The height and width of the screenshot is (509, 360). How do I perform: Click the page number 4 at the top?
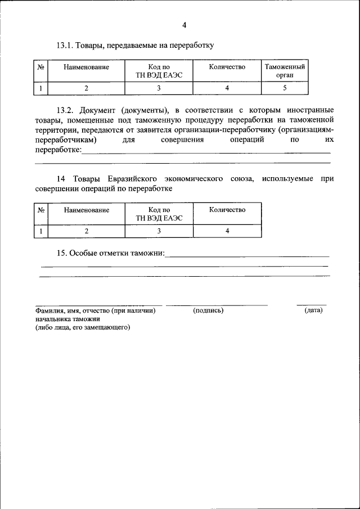(x=184, y=24)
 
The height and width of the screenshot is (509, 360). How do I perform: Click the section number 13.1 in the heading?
(x=64, y=44)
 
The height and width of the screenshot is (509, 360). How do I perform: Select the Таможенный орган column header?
(x=285, y=71)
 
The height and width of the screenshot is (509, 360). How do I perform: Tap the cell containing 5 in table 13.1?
(x=285, y=88)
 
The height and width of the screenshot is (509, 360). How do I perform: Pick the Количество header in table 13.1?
(x=227, y=67)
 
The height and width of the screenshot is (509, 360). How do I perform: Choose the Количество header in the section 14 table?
(x=227, y=210)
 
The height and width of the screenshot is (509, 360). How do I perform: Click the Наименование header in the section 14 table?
(x=86, y=210)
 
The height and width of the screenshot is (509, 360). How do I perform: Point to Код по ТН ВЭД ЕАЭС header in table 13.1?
(x=159, y=71)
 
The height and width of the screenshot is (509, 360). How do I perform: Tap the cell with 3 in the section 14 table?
(x=159, y=231)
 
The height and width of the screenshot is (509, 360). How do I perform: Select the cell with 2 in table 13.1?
(x=86, y=88)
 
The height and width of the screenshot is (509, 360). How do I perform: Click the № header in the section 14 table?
(x=41, y=210)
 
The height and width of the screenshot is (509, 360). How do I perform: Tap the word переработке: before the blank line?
(x=58, y=150)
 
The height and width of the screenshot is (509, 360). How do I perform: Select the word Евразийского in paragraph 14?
(x=127, y=179)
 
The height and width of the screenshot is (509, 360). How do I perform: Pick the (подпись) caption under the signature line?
(x=208, y=310)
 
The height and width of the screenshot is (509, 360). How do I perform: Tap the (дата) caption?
(x=313, y=310)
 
